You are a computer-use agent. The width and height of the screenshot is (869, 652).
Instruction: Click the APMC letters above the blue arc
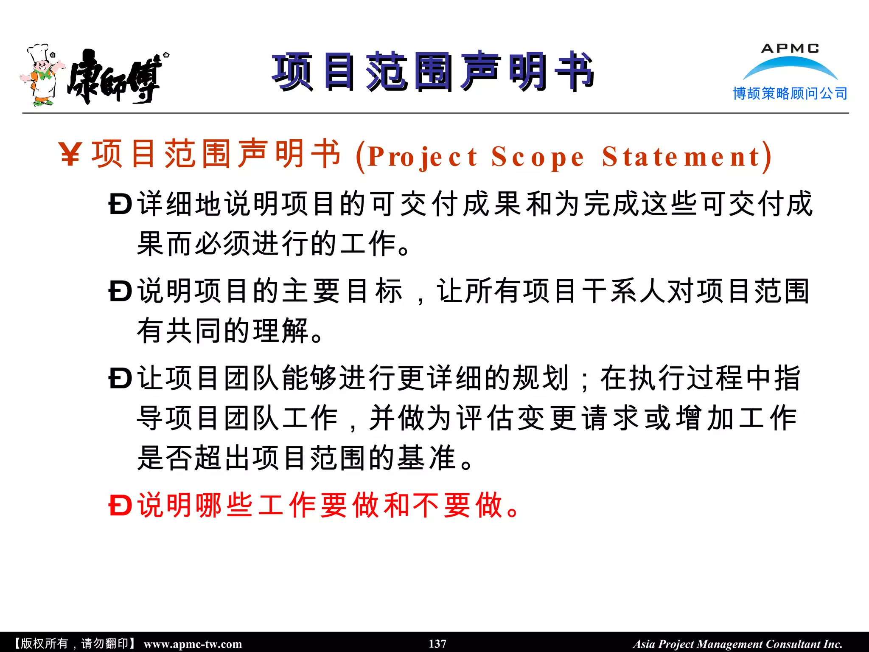pyautogui.click(x=790, y=48)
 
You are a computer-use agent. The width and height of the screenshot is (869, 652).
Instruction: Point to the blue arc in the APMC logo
pyautogui.click(x=790, y=67)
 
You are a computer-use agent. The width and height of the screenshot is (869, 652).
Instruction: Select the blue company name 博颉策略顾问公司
pyautogui.click(x=790, y=93)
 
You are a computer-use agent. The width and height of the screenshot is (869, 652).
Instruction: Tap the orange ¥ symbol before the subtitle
pyautogui.click(x=70, y=155)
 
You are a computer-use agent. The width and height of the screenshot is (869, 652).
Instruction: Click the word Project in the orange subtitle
pyautogui.click(x=423, y=157)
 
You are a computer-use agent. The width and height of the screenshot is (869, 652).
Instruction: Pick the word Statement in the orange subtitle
pyautogui.click(x=681, y=157)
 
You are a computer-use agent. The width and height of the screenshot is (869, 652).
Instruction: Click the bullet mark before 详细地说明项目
pyautogui.click(x=121, y=205)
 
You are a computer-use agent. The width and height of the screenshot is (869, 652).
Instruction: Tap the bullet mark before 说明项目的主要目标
pyautogui.click(x=121, y=292)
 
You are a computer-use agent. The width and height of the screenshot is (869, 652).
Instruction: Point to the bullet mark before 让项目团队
pyautogui.click(x=121, y=379)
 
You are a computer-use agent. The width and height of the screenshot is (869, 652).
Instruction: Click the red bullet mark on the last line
pyautogui.click(x=121, y=506)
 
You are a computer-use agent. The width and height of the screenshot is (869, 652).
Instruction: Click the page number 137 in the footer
pyautogui.click(x=437, y=644)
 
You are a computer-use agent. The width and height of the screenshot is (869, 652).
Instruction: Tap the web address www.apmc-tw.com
pyautogui.click(x=193, y=644)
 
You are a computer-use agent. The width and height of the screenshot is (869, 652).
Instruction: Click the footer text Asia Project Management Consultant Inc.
pyautogui.click(x=737, y=644)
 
